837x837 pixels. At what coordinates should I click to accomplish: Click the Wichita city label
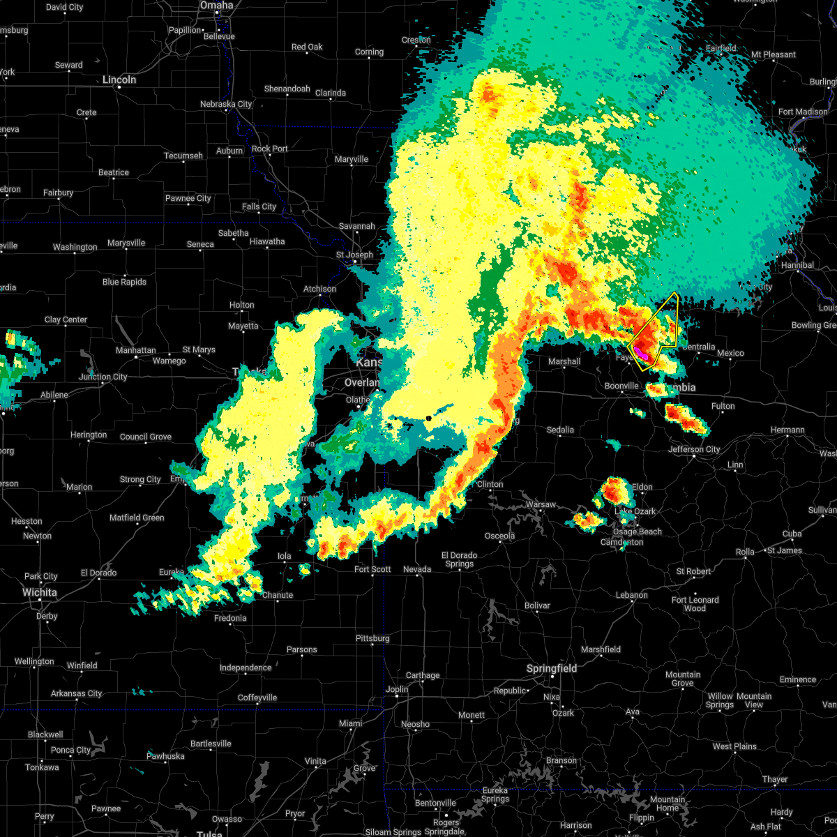pyautogui.click(x=39, y=592)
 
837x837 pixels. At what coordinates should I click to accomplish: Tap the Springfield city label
pyautogui.click(x=552, y=668)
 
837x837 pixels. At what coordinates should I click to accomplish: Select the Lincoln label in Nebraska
pyautogui.click(x=119, y=80)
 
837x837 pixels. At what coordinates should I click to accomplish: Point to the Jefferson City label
pyautogui.click(x=694, y=449)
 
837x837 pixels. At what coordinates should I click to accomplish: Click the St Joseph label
pyautogui.click(x=354, y=255)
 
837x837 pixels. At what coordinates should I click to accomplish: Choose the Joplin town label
pyautogui.click(x=397, y=689)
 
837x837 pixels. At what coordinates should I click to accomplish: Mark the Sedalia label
pyautogui.click(x=560, y=430)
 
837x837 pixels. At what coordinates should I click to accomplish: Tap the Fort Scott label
pyautogui.click(x=372, y=569)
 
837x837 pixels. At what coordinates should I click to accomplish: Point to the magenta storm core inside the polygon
pyautogui.click(x=642, y=355)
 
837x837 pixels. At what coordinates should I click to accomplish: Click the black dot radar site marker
pyautogui.click(x=428, y=418)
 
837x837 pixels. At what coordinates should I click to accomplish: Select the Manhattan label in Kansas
pyautogui.click(x=135, y=350)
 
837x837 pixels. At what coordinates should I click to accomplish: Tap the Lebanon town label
pyautogui.click(x=632, y=595)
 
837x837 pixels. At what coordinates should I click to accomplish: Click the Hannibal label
pyautogui.click(x=797, y=265)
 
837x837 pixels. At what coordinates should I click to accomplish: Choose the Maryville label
pyautogui.click(x=351, y=159)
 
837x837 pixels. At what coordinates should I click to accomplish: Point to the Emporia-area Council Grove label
pyautogui.click(x=145, y=437)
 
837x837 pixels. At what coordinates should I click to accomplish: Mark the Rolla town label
pyautogui.click(x=745, y=552)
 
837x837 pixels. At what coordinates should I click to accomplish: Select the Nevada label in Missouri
pyautogui.click(x=417, y=569)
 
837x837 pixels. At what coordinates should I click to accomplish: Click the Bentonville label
pyautogui.click(x=436, y=803)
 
